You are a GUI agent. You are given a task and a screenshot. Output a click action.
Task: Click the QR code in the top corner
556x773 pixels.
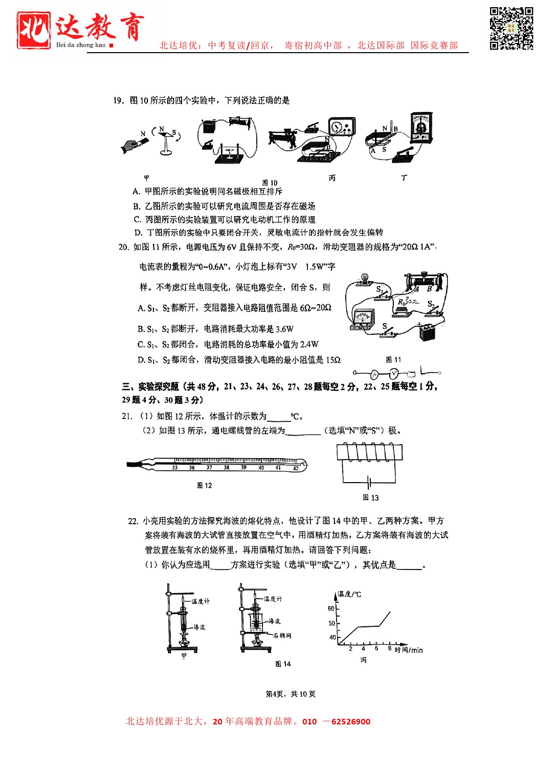(x=511, y=28)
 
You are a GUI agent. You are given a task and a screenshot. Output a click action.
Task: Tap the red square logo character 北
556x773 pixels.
(x=33, y=30)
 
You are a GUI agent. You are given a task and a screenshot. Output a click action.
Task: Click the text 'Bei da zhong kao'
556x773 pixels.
(x=81, y=45)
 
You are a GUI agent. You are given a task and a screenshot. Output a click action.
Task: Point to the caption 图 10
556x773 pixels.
(x=270, y=183)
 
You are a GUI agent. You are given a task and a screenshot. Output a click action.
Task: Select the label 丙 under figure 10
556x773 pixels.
(x=332, y=178)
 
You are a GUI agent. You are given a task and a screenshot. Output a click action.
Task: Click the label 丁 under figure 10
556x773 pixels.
(x=404, y=177)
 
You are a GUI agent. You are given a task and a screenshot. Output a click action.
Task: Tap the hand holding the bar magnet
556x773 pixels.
(x=132, y=146)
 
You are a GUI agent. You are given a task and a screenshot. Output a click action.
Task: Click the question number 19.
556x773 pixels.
(x=118, y=100)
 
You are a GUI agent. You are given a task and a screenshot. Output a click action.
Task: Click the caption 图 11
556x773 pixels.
(x=393, y=359)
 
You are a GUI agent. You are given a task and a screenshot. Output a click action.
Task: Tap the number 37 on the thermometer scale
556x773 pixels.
(x=209, y=467)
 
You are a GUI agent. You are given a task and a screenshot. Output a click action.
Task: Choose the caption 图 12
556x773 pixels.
(x=204, y=485)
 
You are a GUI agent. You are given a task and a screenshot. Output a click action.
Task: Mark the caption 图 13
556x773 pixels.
(x=370, y=497)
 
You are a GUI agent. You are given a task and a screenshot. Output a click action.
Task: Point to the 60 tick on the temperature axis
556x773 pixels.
(x=331, y=608)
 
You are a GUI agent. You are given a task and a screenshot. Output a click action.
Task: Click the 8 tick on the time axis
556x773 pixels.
(x=389, y=648)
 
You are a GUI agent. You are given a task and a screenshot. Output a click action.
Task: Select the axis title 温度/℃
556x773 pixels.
(x=349, y=594)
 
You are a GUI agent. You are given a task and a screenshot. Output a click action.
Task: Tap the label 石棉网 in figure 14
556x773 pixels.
(x=282, y=635)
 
